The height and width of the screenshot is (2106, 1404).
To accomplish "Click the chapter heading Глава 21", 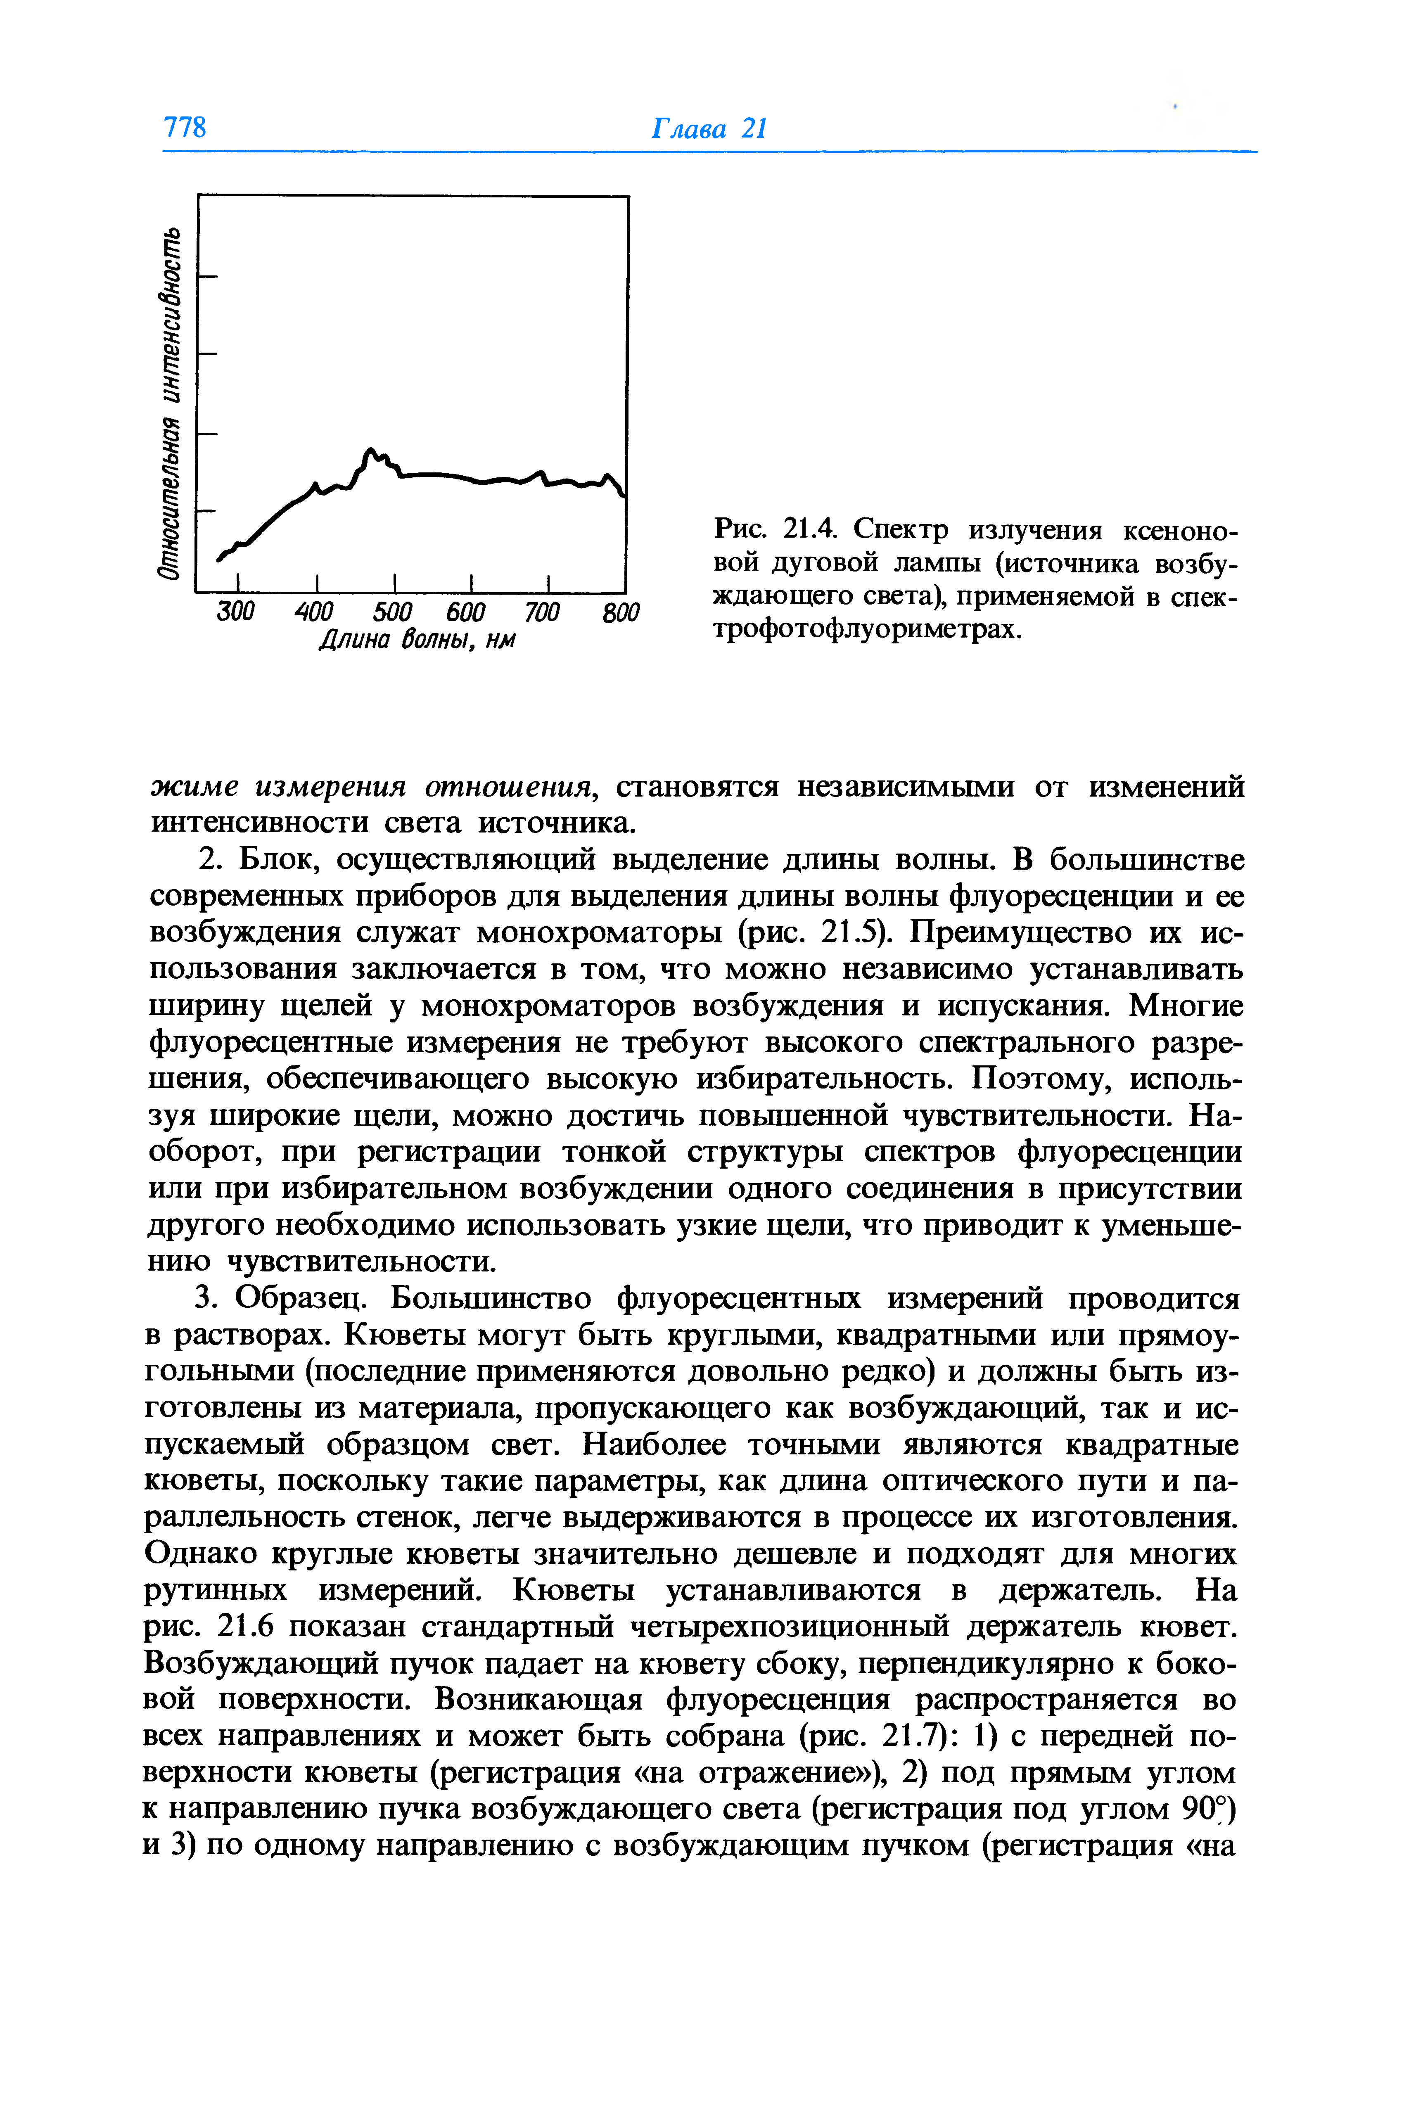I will coord(708,128).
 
